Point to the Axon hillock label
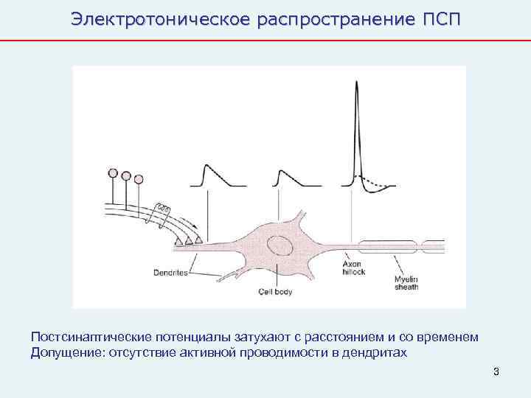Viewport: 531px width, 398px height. coord(353,267)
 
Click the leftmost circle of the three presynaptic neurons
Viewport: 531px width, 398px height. coord(113,173)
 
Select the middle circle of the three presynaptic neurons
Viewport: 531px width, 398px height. coord(126,176)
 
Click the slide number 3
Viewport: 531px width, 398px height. coord(496,371)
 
